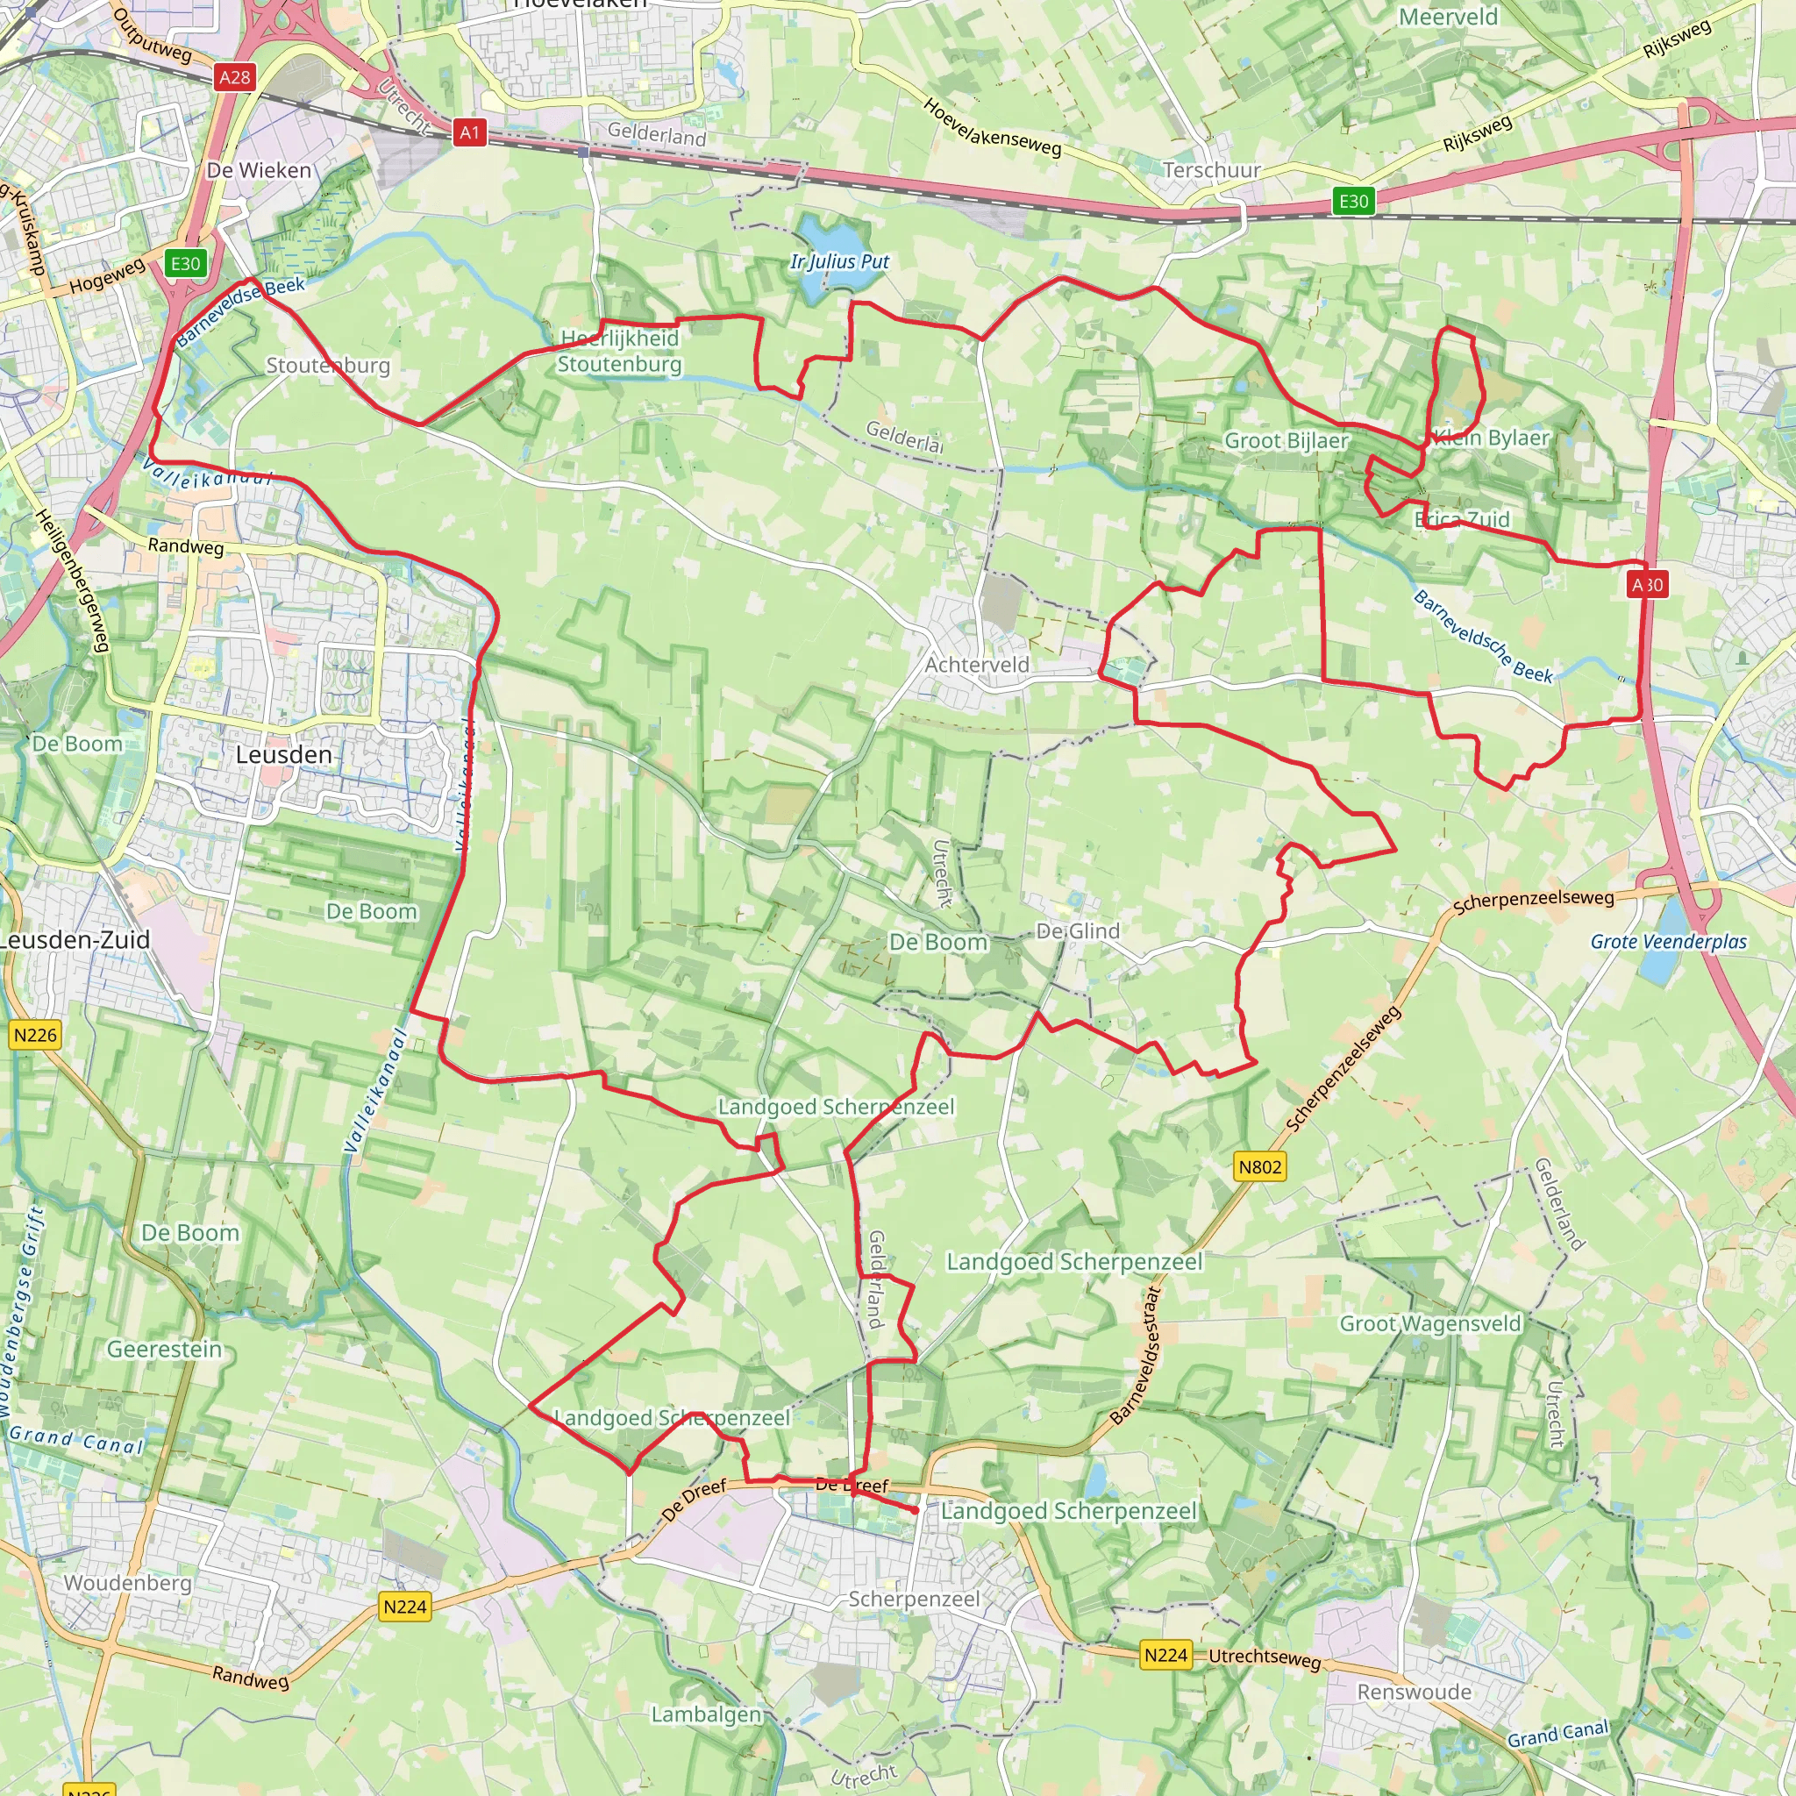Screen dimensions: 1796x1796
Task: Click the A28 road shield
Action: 234,77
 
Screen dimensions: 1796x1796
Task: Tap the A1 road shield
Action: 469,133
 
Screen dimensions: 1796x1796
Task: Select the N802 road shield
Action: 1259,1166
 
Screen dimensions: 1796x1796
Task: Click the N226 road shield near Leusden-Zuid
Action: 35,1035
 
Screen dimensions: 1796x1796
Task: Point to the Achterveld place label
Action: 977,665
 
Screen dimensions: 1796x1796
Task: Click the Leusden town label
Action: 283,755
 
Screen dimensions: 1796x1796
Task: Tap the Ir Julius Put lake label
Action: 839,262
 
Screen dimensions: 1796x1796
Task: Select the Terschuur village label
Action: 1211,170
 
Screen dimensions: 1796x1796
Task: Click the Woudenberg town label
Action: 127,1583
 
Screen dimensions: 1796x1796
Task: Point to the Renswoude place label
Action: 1414,1692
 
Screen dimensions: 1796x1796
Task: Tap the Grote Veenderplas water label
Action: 1669,942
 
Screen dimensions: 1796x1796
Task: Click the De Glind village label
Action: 1078,930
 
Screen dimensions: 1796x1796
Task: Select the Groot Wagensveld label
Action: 1429,1323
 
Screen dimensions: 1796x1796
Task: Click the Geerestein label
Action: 165,1349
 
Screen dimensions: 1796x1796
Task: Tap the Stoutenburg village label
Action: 328,366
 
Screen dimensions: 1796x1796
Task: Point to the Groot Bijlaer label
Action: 1286,440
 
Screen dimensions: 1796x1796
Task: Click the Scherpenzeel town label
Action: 914,1599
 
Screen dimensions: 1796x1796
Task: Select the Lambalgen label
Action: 706,1714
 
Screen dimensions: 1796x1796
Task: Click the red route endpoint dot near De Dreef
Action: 916,1511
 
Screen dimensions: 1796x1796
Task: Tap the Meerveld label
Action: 1449,17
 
